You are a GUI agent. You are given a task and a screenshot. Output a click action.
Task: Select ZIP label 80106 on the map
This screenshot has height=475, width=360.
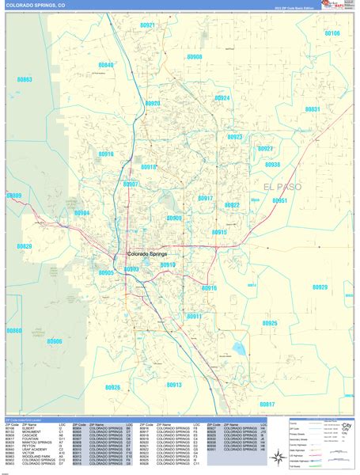332,34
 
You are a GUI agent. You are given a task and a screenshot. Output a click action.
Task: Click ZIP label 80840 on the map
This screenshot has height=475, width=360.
105,65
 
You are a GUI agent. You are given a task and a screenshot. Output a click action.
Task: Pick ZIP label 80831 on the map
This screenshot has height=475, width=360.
313,109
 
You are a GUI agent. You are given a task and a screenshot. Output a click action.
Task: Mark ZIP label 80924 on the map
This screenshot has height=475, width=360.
222,98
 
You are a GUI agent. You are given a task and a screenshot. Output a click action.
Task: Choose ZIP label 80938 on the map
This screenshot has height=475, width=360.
272,165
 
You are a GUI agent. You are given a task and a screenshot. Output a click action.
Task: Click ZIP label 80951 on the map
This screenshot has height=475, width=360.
279,201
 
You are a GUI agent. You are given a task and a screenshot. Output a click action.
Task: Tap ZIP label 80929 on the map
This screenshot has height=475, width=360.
319,287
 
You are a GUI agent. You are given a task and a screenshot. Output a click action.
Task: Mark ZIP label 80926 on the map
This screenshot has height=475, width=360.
112,387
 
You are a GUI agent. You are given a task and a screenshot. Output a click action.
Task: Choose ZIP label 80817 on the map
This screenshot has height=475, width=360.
266,405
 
